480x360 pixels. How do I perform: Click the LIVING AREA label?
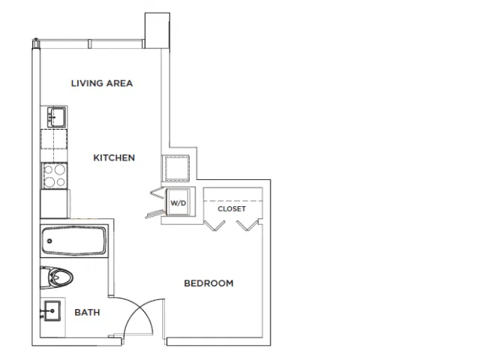[102, 83]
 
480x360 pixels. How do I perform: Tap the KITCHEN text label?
[114, 157]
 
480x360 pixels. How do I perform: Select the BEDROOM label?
[208, 283]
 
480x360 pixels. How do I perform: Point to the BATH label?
[87, 312]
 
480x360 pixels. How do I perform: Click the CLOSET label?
[232, 208]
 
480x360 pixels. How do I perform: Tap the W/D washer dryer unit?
[178, 202]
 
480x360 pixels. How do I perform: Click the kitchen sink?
[57, 117]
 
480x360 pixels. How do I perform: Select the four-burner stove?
[55, 176]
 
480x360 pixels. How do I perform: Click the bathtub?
[73, 241]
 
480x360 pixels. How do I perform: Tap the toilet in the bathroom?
[56, 277]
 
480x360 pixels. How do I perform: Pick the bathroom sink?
[52, 311]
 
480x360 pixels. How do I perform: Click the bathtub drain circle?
[49, 241]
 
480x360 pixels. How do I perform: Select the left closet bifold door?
[214, 226]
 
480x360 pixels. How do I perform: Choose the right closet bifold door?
[247, 226]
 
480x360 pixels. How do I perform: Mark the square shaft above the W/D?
[177, 168]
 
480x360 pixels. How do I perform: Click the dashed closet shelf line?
[233, 201]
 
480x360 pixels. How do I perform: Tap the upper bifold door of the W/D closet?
[157, 192]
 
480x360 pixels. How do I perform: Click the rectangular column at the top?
[157, 31]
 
